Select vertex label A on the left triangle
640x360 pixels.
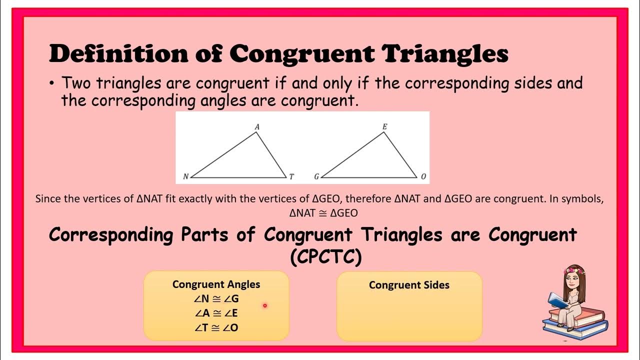257,127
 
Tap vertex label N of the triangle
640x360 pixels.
185,176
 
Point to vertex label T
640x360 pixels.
291,176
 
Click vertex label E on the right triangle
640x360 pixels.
384,127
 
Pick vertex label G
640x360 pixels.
316,176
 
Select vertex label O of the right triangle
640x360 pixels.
423,176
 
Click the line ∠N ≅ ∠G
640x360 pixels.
216,299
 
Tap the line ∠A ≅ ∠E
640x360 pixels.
216,313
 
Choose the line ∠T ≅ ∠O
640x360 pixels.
216,327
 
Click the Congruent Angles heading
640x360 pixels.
216,284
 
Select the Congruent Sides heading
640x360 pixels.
409,285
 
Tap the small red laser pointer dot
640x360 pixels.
264,305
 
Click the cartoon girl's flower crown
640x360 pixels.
574,270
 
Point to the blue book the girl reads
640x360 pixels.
557,300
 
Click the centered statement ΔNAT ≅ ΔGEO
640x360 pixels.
323,213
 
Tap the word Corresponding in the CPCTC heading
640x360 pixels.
111,235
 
